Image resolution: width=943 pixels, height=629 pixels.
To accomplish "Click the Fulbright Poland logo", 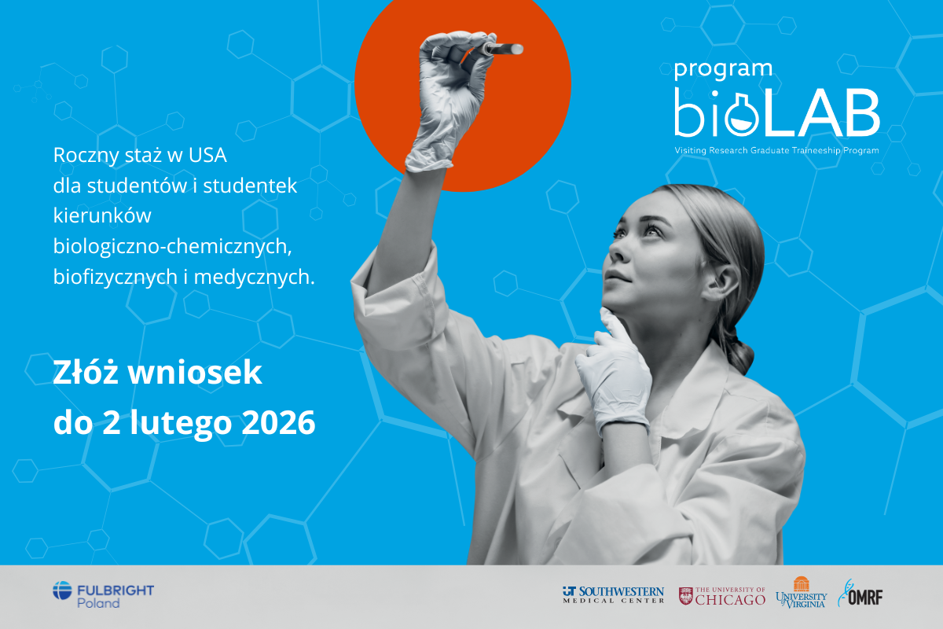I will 103,595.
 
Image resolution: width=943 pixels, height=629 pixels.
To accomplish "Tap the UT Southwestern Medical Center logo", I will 613,595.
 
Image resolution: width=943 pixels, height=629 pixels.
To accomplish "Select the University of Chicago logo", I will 722,596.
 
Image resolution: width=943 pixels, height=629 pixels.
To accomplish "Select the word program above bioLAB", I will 723,69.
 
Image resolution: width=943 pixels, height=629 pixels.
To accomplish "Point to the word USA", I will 207,155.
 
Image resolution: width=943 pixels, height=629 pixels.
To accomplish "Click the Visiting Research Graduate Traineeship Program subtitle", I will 776,150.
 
